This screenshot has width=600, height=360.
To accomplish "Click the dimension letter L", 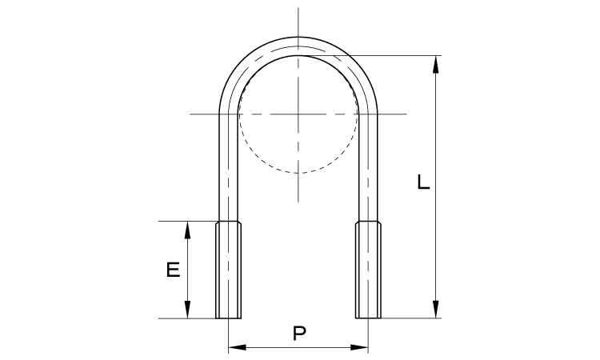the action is click(x=423, y=182).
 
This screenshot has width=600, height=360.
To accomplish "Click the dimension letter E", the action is click(x=174, y=270).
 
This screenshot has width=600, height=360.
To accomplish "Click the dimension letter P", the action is click(x=299, y=334).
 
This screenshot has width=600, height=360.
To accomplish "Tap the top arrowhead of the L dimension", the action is click(x=435, y=64).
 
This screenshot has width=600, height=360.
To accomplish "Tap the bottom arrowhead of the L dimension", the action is click(x=435, y=309).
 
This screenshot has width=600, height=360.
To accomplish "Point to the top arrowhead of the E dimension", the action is click(x=187, y=230).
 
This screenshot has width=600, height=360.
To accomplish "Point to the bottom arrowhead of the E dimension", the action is click(x=187, y=310).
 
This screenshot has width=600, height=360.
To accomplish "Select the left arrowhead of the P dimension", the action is click(x=237, y=347).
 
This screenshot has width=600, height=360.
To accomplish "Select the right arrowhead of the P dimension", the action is click(x=359, y=347).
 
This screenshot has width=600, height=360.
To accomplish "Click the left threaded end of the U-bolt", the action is click(x=229, y=270).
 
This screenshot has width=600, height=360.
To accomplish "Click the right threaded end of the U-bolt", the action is click(x=368, y=270).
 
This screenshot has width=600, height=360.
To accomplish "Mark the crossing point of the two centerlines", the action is click(x=298, y=114).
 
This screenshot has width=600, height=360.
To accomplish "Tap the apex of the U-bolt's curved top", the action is click(x=298, y=37).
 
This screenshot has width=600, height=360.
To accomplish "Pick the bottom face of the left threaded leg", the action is click(x=229, y=318).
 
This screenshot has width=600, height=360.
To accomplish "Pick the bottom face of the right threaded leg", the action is click(x=368, y=318).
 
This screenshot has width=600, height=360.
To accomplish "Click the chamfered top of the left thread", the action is click(x=229, y=223).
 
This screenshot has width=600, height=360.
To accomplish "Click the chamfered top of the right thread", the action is click(x=368, y=223).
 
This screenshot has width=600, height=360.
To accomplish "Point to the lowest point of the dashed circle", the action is click(x=298, y=173).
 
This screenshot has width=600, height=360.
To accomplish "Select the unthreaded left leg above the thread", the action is click(x=229, y=167).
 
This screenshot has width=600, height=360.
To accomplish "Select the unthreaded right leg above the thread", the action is click(x=368, y=167).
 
